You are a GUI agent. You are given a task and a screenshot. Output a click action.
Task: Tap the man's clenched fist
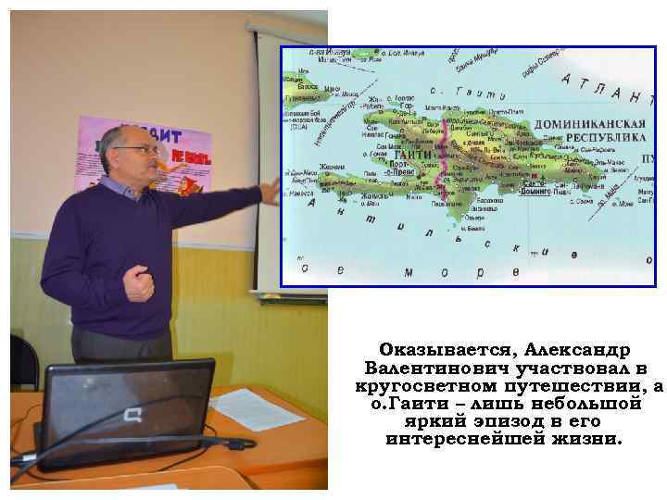(139, 283)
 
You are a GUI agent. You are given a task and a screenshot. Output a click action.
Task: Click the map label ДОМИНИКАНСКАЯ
(593, 125)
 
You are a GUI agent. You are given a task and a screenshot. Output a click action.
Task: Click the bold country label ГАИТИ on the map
(413, 155)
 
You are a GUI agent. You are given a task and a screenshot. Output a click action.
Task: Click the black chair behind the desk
(23, 361)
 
